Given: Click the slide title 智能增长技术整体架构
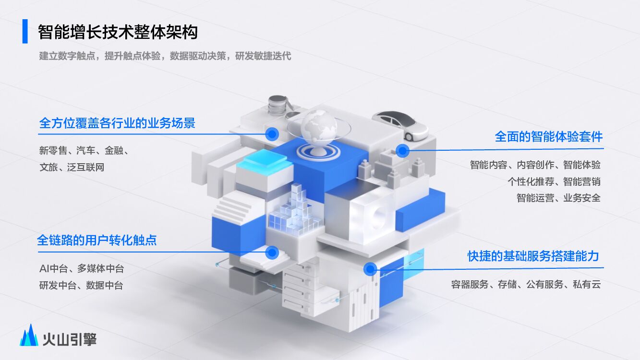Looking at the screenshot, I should (x=118, y=32).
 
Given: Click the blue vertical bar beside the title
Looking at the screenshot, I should (x=25, y=32).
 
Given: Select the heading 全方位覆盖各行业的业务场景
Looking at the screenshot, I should (x=117, y=123).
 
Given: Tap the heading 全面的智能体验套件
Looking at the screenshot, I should (x=548, y=137).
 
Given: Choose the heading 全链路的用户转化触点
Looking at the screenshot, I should (x=97, y=240).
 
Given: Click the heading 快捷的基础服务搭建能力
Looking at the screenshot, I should (x=533, y=256).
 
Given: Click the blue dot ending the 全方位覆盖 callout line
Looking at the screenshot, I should (x=272, y=133).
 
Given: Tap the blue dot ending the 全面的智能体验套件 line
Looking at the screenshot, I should (x=402, y=151).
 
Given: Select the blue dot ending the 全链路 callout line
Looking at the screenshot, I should (x=272, y=252).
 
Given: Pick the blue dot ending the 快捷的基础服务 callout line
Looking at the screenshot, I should (x=370, y=269).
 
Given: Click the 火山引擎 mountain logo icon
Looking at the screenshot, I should (x=29, y=335).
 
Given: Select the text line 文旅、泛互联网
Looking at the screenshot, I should (x=72, y=168).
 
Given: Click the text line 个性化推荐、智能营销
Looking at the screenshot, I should (x=554, y=181).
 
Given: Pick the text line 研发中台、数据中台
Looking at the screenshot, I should (x=81, y=285).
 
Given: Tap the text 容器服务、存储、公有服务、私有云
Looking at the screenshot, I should (x=526, y=284).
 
